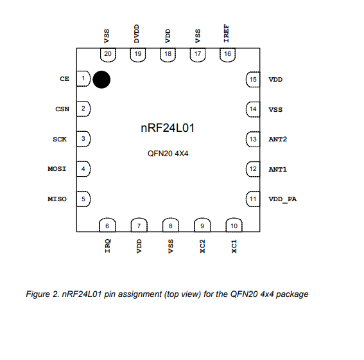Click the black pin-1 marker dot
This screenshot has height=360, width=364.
101,80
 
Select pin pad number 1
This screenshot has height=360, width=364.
83,78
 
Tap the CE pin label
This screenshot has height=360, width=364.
65,79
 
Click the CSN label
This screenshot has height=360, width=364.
62,109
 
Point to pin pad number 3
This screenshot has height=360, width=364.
83,139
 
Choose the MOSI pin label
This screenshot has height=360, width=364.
57,168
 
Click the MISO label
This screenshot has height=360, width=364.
57,199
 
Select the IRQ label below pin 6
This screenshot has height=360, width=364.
107,246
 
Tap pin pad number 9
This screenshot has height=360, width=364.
202,225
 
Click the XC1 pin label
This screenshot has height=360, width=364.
234,246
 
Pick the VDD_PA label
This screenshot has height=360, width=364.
282,199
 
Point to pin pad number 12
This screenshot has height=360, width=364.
253,169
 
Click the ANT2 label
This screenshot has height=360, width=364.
277,139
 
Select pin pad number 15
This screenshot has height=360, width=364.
253,80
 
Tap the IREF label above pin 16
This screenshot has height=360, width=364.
227,33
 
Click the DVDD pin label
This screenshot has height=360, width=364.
137,33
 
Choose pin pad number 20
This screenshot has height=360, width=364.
108,55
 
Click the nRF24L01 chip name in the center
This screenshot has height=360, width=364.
168,128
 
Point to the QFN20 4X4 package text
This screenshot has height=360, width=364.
168,154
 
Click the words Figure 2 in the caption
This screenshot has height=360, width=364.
42,294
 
